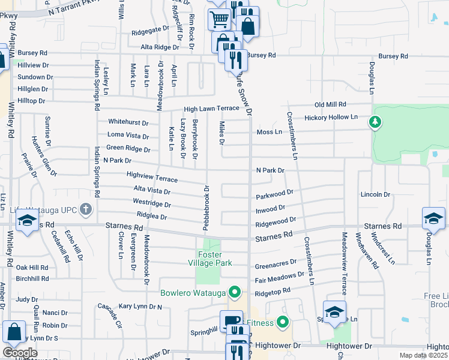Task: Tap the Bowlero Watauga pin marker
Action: [x=235, y=293]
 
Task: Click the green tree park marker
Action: [x=375, y=123]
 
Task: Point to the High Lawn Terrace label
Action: [x=211, y=109]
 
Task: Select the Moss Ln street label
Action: [x=269, y=131]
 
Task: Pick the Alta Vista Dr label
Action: [x=152, y=190]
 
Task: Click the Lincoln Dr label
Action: [x=376, y=194]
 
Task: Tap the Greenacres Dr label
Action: [x=276, y=263]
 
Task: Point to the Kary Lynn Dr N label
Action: [x=141, y=307]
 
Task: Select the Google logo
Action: [x=20, y=352]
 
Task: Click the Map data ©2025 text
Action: [x=424, y=355]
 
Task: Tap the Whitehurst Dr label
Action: [x=128, y=122]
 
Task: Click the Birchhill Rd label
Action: [x=32, y=278]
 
